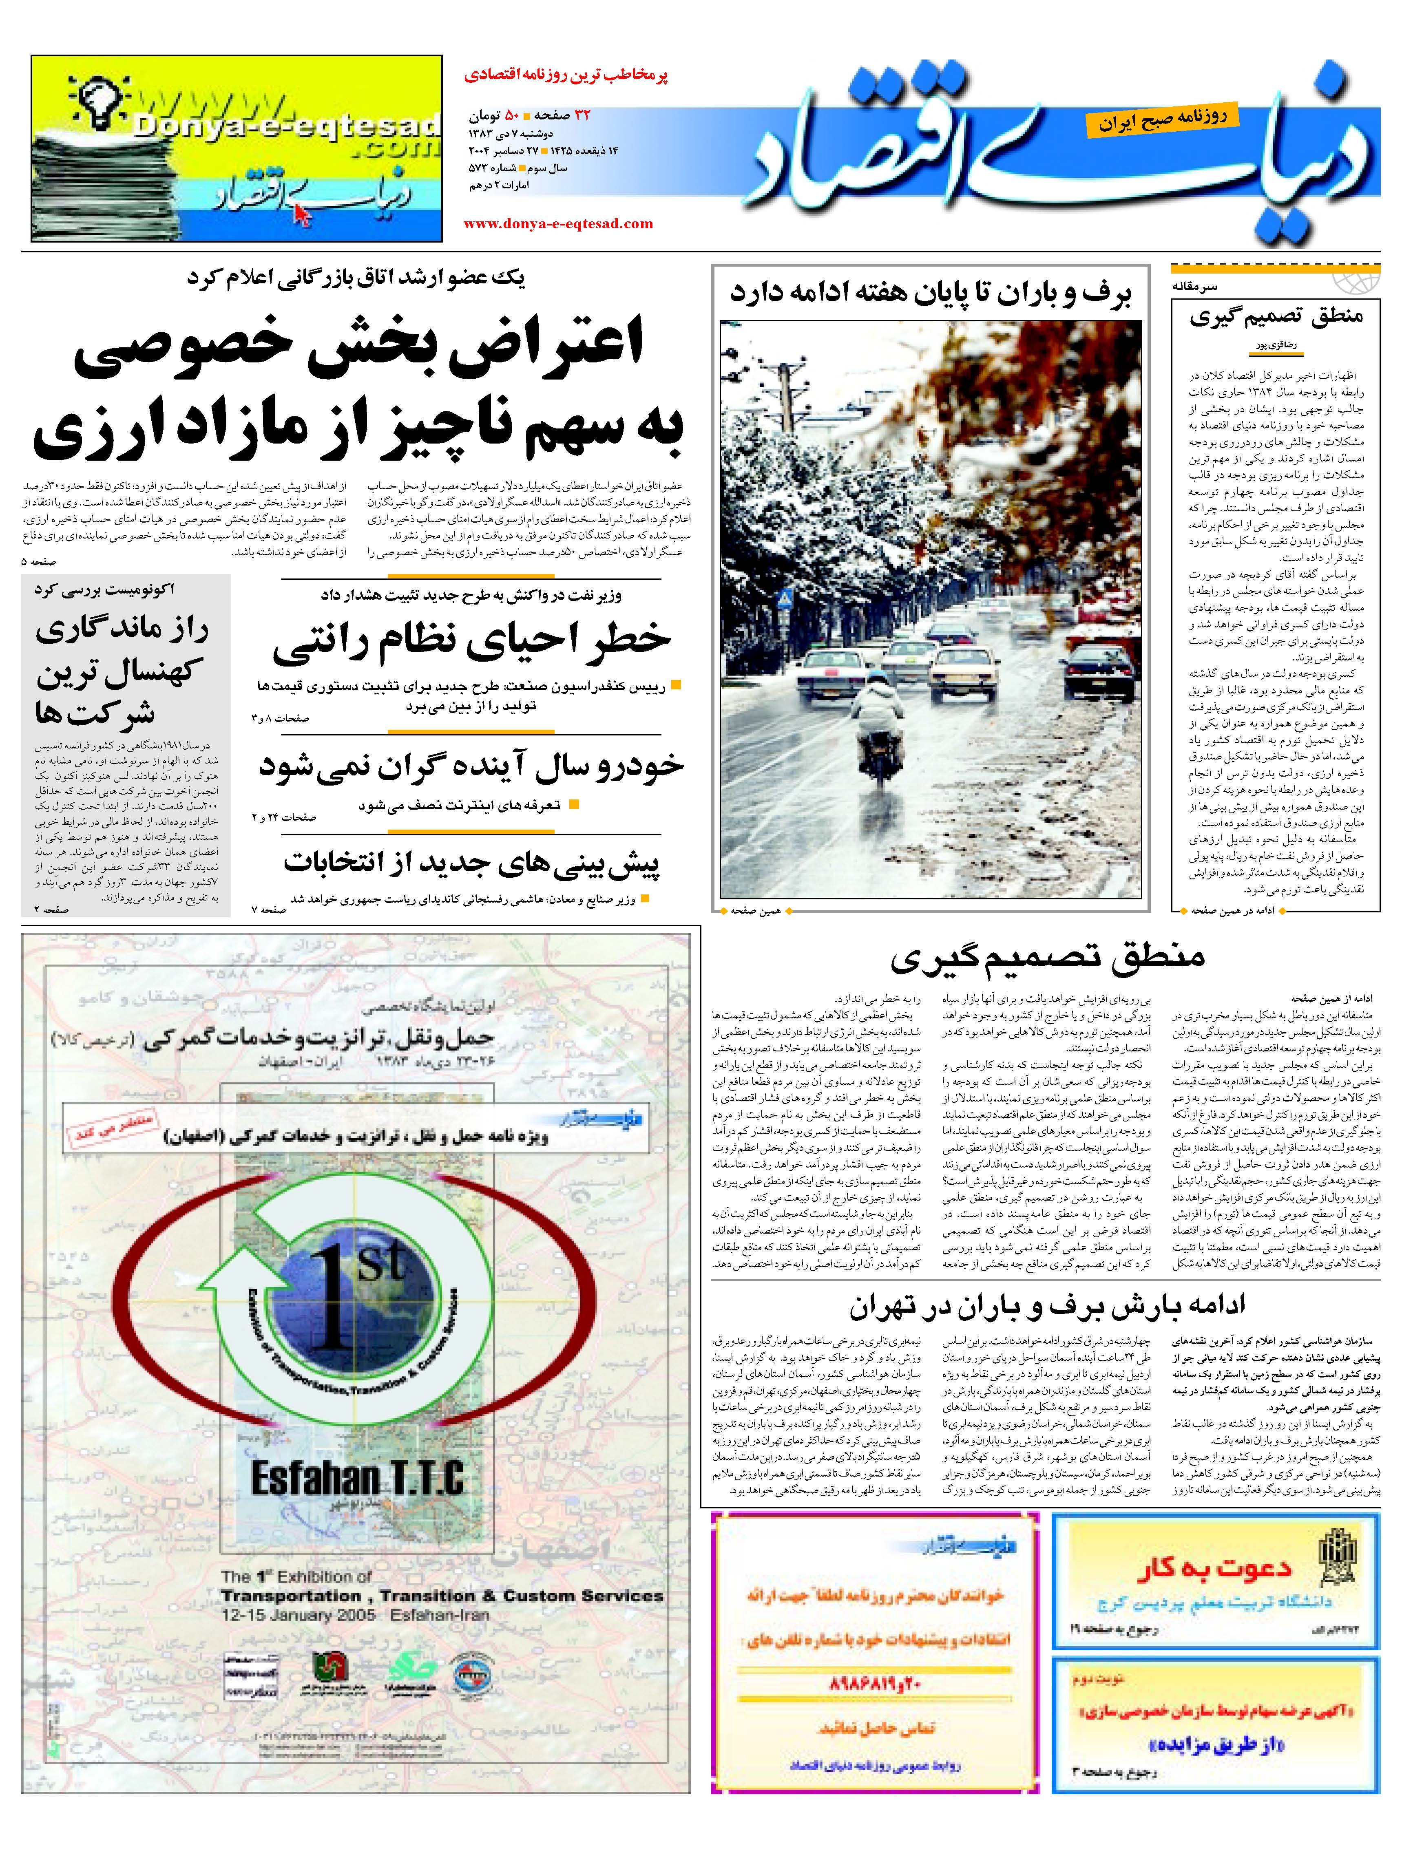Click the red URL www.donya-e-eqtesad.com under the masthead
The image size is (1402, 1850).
(558, 223)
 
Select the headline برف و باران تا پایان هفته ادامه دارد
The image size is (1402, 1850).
(930, 294)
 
